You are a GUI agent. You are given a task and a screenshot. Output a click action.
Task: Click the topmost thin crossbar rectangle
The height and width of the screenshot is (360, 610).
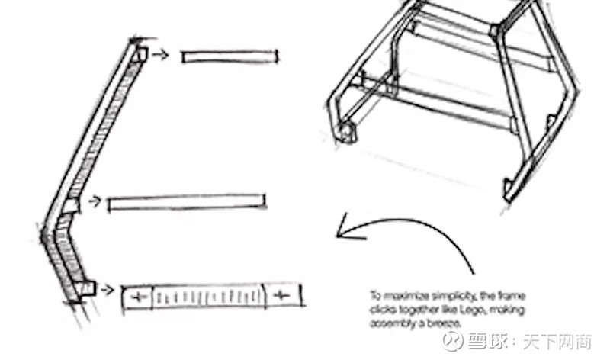click(230, 56)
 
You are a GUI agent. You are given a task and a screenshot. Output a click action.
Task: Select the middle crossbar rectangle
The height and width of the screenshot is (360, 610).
click(188, 203)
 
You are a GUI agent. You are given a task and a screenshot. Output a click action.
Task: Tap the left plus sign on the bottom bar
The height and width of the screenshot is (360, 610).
click(137, 295)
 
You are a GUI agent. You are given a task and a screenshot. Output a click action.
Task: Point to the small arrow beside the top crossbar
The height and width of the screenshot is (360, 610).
click(160, 54)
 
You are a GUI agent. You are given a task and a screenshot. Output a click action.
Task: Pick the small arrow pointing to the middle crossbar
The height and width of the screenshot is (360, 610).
click(95, 201)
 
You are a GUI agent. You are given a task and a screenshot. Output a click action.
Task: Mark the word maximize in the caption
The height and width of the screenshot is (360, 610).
click(403, 294)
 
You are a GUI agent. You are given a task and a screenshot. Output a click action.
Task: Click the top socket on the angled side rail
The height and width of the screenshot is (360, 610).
click(140, 54)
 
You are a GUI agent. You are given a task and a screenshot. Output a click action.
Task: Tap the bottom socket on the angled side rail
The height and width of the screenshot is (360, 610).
click(86, 288)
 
